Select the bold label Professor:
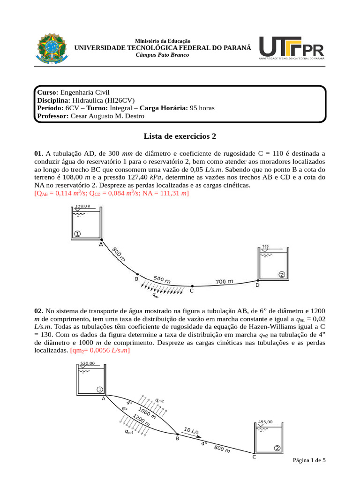tap(52, 116)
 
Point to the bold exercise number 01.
tap(38, 153)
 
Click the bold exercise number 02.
tap(38, 310)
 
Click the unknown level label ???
tap(265, 247)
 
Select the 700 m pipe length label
tap(224, 282)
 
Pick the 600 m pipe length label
tap(162, 279)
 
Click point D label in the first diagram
tap(257, 285)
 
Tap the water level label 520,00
tap(88, 363)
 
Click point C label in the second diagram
tap(254, 457)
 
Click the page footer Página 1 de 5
tap(309, 460)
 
